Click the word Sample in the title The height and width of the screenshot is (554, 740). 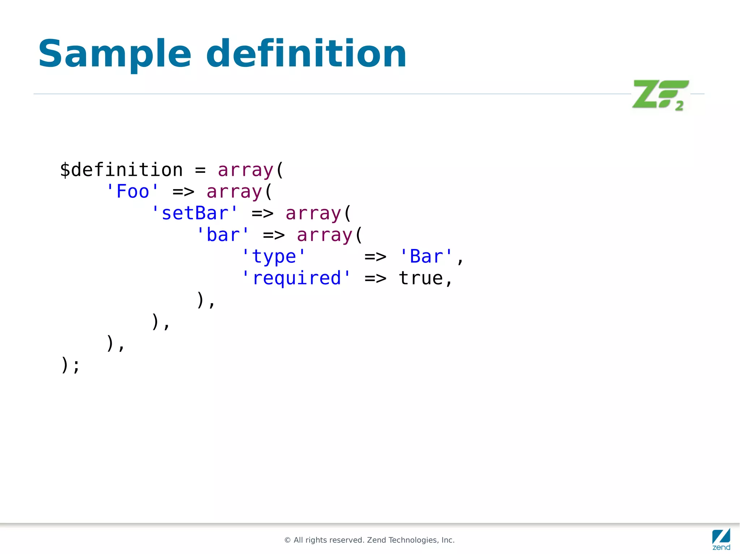[115, 54]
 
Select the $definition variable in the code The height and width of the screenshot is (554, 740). [121, 170]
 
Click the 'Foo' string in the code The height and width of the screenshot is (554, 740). [133, 191]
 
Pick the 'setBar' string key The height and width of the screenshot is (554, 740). [195, 213]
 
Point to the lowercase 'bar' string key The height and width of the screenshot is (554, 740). [223, 235]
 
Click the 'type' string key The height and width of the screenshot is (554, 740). [274, 257]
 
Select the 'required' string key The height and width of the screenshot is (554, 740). [296, 278]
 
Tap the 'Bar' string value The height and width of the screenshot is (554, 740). [426, 257]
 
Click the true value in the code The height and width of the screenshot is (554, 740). [421, 278]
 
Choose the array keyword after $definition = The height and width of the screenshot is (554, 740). [245, 170]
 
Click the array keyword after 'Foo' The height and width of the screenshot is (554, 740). [234, 192]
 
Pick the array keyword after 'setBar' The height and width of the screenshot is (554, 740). [313, 213]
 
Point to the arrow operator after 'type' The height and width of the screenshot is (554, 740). [375, 257]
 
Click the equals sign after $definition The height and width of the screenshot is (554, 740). [200, 170]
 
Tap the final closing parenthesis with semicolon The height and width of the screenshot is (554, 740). [70, 365]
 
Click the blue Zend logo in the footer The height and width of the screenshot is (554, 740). [721, 539]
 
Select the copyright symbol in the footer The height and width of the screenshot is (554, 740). [288, 540]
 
